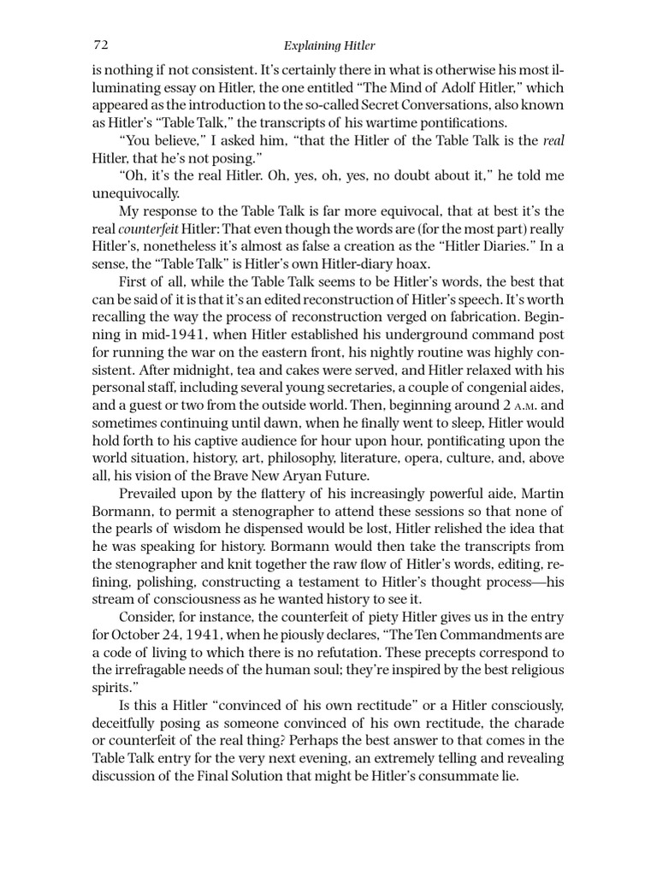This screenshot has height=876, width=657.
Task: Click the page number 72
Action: (98, 44)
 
